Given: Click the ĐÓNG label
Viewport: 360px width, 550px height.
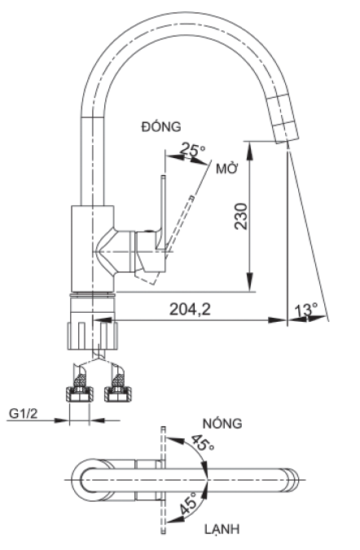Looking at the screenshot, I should click(x=160, y=125).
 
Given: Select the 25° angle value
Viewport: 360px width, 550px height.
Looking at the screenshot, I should click(x=193, y=150).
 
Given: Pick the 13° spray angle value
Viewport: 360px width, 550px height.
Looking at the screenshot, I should click(x=307, y=310).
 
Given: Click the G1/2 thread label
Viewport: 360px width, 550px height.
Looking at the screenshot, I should click(x=24, y=414).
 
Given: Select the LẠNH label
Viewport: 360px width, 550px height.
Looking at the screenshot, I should click(x=221, y=530).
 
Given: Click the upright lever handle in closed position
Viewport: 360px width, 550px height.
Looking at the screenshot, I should click(x=163, y=208).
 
